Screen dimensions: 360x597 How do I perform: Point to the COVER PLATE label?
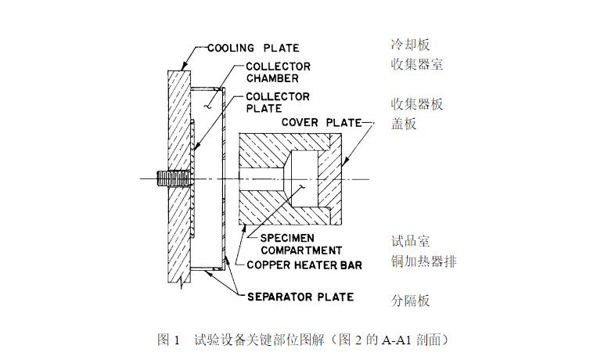[321, 123]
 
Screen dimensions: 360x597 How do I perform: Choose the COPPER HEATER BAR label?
[304, 265]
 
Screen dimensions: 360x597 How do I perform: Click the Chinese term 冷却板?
[411, 45]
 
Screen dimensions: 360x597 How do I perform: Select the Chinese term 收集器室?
[417, 65]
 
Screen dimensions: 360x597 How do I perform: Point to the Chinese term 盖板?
[405, 123]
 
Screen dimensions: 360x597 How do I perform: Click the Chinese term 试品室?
[411, 241]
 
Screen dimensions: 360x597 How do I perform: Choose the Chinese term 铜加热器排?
[423, 261]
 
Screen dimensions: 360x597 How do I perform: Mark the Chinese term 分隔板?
[411, 301]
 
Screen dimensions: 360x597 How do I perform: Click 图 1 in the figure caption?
[169, 340]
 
